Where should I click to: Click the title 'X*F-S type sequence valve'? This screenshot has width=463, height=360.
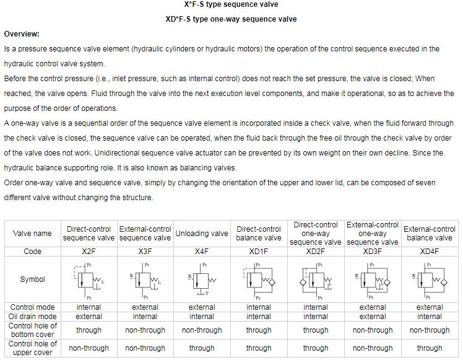point(231,5)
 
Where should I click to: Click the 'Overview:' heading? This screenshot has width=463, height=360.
point(22,33)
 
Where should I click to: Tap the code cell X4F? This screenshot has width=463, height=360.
point(202,252)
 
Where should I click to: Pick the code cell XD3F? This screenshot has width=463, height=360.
point(373,252)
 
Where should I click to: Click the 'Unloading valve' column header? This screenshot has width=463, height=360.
point(202,234)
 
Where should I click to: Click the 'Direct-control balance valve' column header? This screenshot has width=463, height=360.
point(259,234)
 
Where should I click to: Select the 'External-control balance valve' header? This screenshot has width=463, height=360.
point(430,234)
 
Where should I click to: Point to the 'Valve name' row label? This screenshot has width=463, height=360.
point(32,234)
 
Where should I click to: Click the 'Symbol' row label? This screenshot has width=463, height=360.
point(32,279)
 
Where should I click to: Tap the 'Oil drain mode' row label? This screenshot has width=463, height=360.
point(32,317)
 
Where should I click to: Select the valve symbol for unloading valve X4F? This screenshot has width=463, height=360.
point(202,279)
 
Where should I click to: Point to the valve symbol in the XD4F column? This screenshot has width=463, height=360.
point(430,279)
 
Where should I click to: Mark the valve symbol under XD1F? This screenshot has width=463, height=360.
point(259,279)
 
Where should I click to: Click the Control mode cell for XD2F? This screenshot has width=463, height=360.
point(316,307)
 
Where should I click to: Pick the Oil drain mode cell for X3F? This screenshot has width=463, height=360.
point(145,317)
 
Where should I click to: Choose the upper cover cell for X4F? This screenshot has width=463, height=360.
point(202,348)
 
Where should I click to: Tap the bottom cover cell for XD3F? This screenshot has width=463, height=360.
point(373,330)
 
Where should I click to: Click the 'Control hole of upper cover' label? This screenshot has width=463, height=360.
point(32,348)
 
